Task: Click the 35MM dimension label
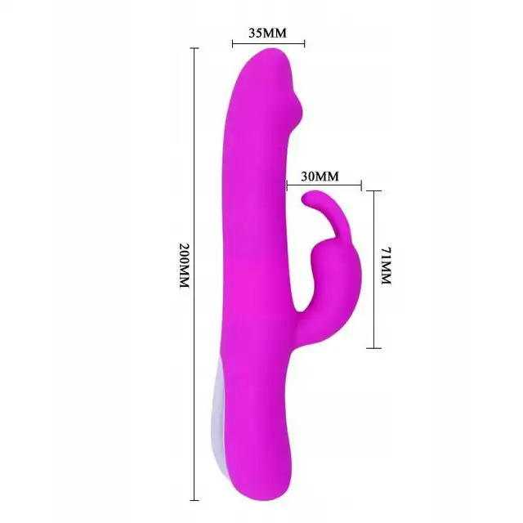[267, 33]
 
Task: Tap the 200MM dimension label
[185, 266]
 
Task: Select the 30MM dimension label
[320, 177]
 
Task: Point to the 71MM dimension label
[387, 266]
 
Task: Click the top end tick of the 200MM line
[194, 48]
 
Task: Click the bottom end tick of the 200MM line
[194, 500]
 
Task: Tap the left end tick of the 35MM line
[233, 43]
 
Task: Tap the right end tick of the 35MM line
[304, 43]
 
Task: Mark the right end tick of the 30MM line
[361, 186]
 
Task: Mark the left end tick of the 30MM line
[287, 186]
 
